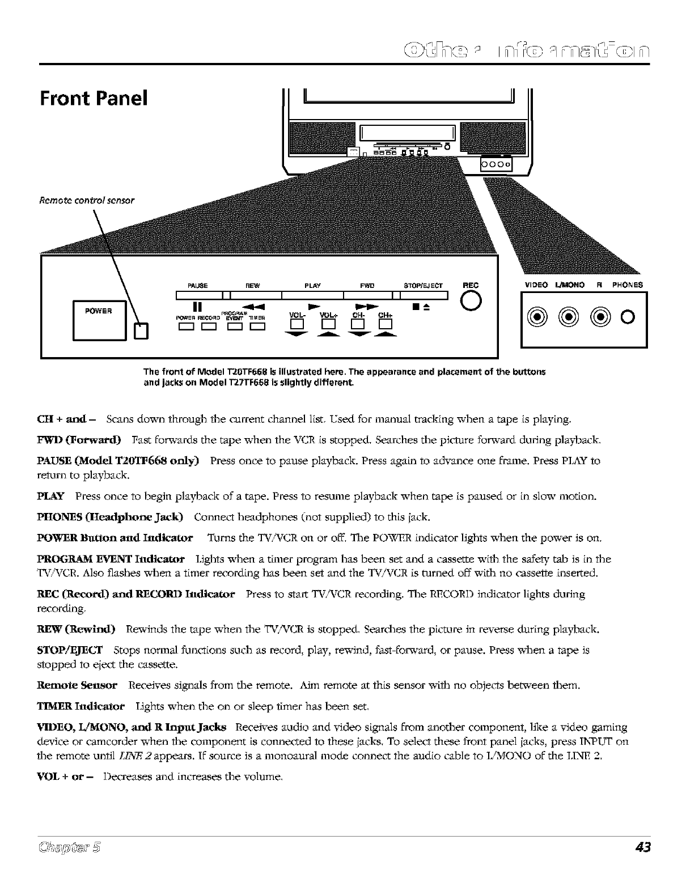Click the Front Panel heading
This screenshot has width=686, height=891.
tap(94, 99)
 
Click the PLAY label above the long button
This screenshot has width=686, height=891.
tap(313, 286)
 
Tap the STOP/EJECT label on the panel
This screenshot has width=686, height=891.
tap(423, 286)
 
